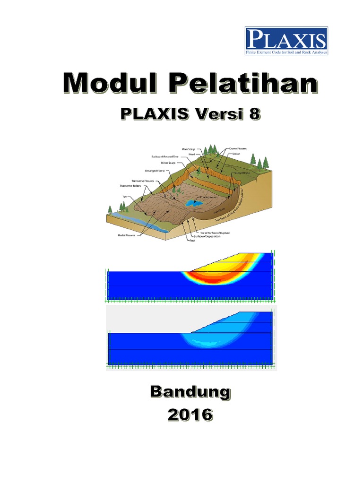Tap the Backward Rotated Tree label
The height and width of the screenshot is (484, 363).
pyautogui.click(x=165, y=156)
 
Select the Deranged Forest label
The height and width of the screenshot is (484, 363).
pyautogui.click(x=155, y=171)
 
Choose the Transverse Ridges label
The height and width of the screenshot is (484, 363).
pyautogui.click(x=130, y=186)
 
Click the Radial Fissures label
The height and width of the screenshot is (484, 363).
pyautogui.click(x=127, y=235)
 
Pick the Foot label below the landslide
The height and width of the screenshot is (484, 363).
pyautogui.click(x=192, y=241)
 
